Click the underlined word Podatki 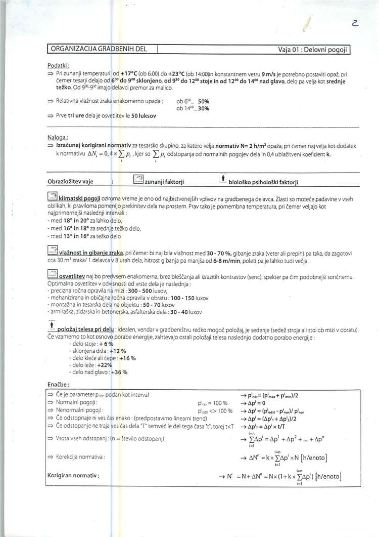pos(58,66)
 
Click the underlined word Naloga pos(57,137)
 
